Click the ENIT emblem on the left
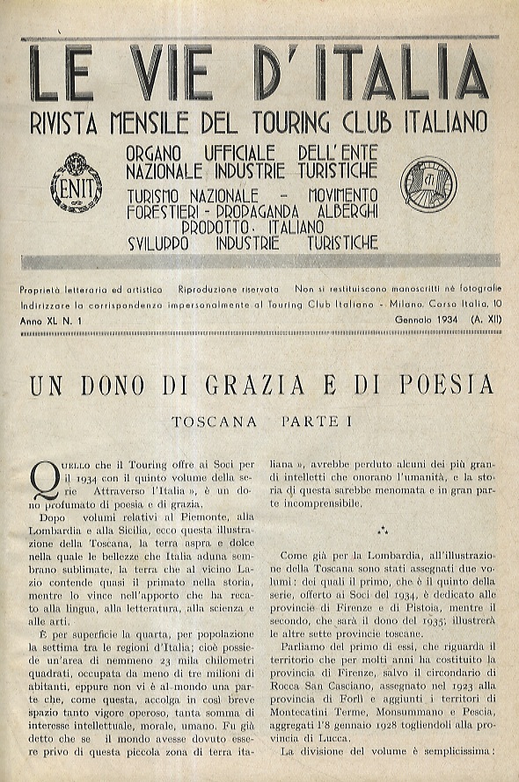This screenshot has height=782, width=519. coord(77,183)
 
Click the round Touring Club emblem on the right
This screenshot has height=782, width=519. coord(428,182)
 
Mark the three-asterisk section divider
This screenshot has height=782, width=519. coord(382,531)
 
